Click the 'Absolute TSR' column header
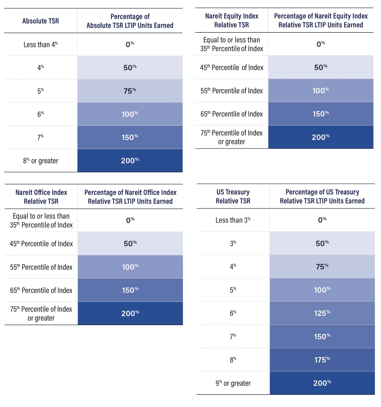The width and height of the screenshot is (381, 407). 40,21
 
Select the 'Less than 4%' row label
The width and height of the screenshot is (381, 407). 40,45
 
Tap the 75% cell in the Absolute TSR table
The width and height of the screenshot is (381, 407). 130,91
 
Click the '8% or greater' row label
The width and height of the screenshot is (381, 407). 40,161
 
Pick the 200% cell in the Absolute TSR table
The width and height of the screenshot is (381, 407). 130,161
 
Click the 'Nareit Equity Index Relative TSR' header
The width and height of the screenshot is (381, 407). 232,20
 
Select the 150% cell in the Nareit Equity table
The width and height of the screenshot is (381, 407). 321,114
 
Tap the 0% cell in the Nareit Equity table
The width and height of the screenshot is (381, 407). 321,44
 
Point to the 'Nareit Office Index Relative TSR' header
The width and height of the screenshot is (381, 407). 41,197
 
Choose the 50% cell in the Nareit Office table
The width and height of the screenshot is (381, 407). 130,244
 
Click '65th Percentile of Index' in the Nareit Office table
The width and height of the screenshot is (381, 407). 41,290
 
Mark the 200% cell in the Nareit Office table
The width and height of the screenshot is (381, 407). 130,314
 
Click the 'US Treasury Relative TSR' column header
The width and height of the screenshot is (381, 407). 233,197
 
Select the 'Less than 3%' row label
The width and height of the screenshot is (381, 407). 233,220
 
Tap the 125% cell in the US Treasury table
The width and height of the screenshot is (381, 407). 322,313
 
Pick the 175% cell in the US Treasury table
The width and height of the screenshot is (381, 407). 322,360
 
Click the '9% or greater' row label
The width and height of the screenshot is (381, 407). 233,383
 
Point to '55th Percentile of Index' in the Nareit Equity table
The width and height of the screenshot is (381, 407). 232,91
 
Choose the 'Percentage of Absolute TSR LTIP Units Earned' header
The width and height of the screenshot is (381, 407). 130,21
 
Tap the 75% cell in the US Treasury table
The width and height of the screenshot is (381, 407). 322,267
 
